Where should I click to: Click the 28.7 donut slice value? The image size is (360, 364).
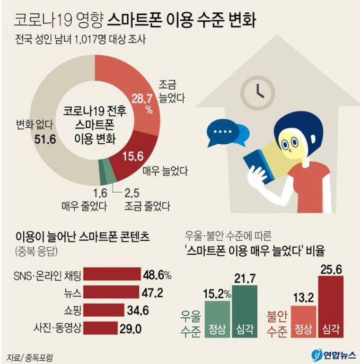coord(142,99)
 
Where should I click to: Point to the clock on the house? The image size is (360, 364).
coord(255,89)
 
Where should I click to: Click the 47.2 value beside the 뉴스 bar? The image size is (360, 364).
coord(155,292)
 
